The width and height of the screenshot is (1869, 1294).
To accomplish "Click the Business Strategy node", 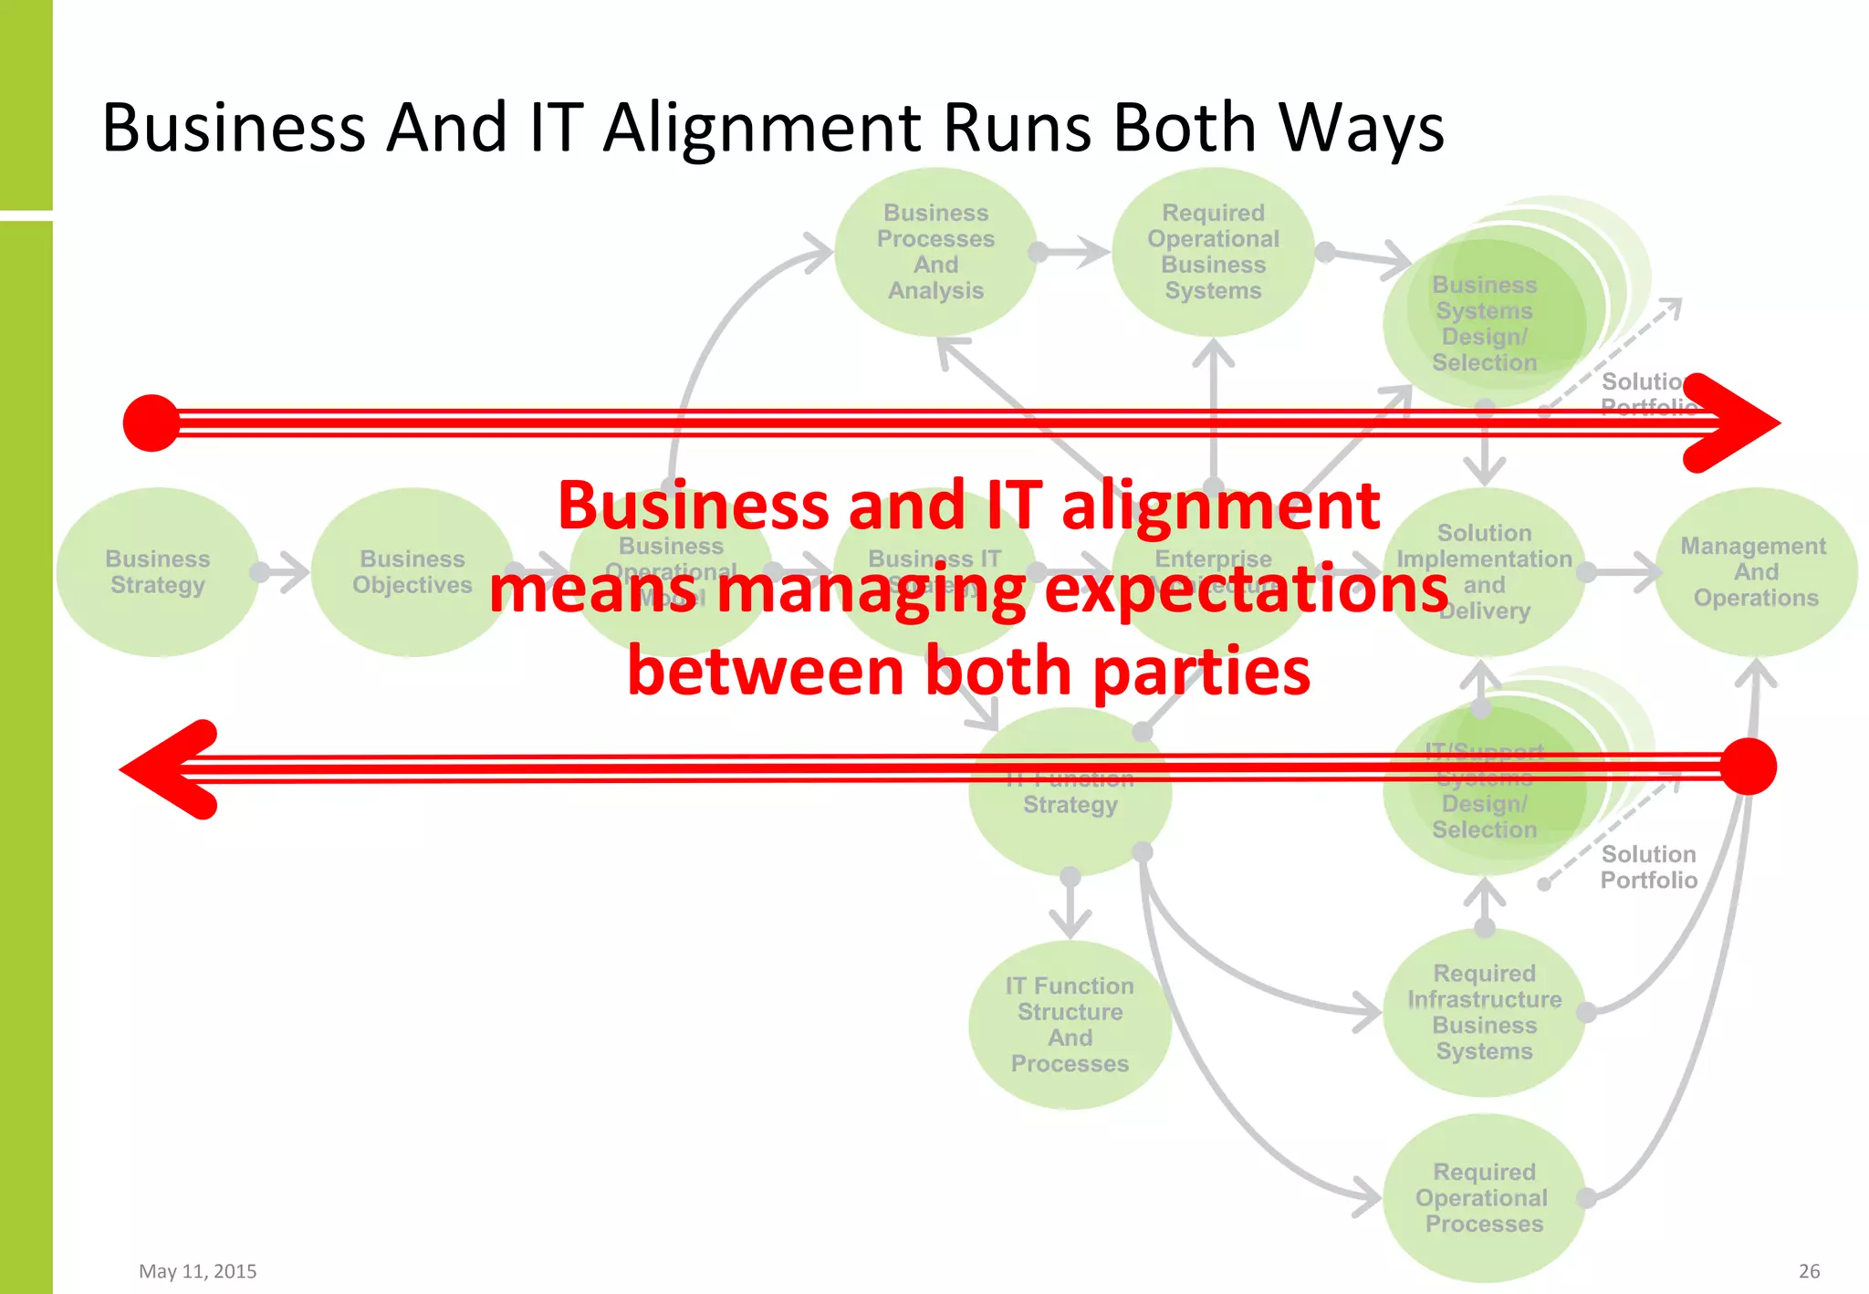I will coord(157,572).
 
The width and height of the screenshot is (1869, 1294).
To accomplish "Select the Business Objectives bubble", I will coord(412,572).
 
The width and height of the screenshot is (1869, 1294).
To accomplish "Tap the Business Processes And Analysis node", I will coord(935,252).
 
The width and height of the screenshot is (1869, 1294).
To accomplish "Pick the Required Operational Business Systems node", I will coord(1213,252).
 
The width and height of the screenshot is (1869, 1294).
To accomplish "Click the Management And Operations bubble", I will coord(1755,572).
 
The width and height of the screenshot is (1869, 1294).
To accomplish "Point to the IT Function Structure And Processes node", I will coord(1070,1025).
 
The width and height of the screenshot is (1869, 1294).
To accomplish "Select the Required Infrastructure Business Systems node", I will coord(1484,1012).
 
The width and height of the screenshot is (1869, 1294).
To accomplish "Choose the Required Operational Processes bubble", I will coord(1484,1197).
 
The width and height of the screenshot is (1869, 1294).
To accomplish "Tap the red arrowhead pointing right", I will coord(1734,423).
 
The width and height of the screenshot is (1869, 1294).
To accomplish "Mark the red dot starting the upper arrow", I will coord(151,423).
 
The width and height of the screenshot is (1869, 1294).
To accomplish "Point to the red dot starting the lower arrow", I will coord(1748,767).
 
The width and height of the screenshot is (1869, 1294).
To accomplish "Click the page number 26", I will coord(1809,1271).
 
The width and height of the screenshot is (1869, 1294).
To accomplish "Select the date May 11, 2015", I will coord(197,1271).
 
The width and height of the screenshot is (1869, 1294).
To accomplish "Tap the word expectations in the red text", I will coord(1246,590).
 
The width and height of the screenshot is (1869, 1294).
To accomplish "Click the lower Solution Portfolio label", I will coord(1648,867).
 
